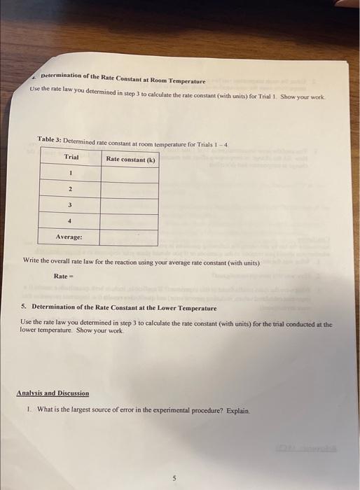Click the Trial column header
(x=71, y=157)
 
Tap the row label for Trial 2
(x=71, y=189)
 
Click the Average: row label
(x=69, y=237)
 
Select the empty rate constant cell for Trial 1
(x=130, y=174)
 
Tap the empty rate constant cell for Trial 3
(x=130, y=205)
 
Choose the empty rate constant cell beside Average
(x=130, y=237)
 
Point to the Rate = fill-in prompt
(x=64, y=275)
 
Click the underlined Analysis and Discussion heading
(x=53, y=393)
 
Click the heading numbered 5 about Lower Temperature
(x=118, y=307)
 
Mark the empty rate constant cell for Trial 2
(x=130, y=189)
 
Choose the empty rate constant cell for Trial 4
(x=130, y=221)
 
